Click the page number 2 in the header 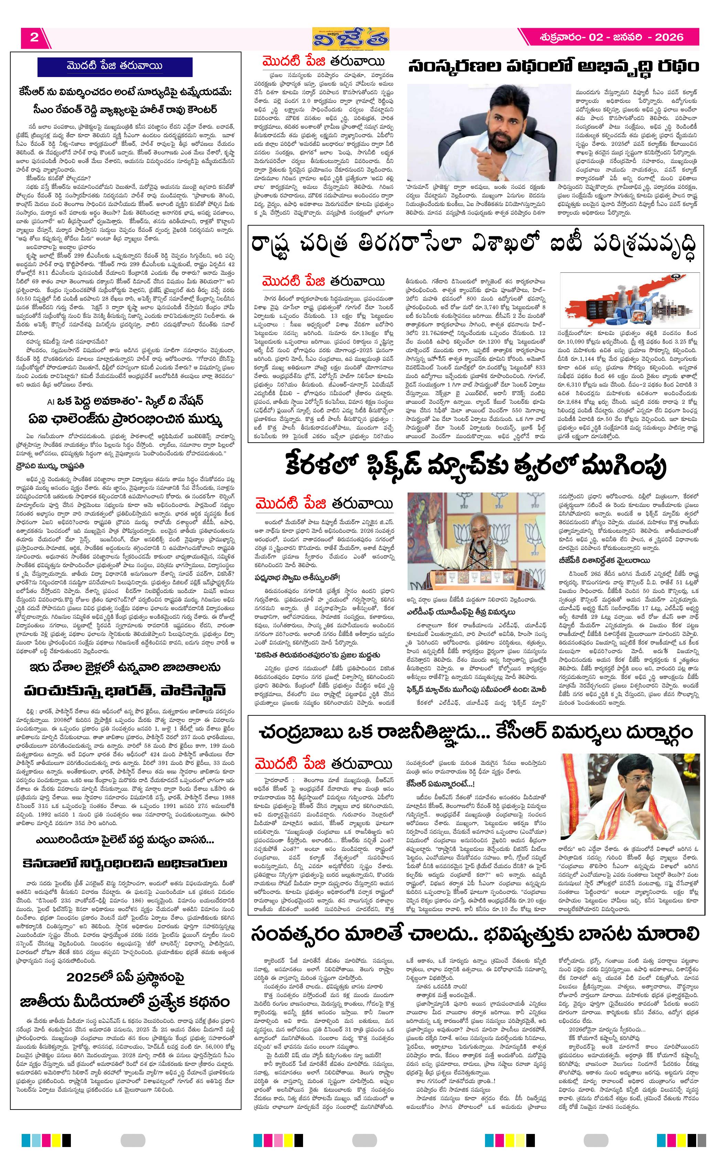(x=34, y=37)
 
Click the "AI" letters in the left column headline (x=51, y=401)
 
